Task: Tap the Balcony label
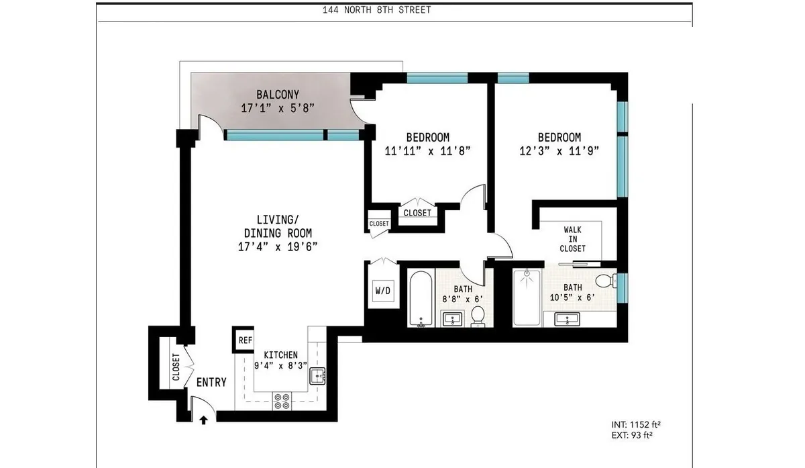278,95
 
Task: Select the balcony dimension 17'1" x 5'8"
278,107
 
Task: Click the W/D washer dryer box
382,291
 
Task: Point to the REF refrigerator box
245,340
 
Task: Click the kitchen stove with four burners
282,401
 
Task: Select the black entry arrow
204,420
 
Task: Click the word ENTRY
211,383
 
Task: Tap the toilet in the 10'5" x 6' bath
606,280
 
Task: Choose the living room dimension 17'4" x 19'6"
278,246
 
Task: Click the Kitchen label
280,355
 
